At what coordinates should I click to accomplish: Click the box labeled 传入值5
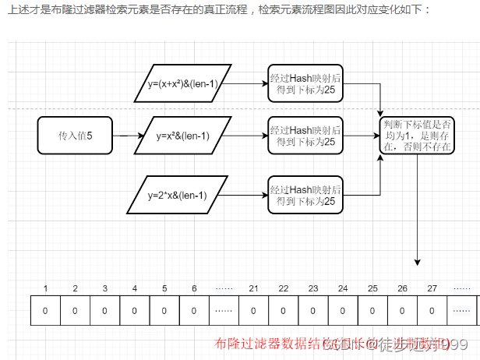75,136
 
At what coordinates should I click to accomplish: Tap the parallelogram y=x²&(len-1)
183,136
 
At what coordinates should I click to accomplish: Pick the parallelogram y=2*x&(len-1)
177,195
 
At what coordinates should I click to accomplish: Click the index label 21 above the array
253,288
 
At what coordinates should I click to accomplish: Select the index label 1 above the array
46,288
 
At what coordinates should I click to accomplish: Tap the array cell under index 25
372,310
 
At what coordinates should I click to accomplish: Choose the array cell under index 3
105,310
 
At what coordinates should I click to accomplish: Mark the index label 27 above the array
432,288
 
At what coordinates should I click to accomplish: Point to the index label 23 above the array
313,288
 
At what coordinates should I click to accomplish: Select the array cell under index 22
283,310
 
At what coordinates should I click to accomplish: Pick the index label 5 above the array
164,288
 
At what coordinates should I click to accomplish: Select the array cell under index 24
343,310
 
